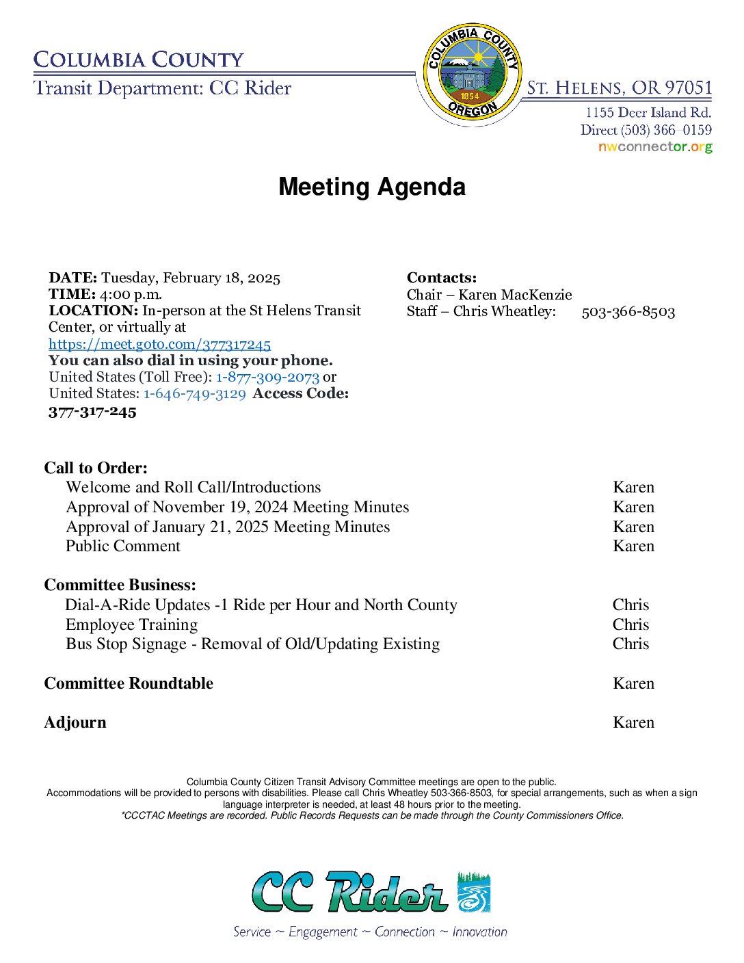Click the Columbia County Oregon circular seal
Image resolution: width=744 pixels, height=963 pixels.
coord(471,71)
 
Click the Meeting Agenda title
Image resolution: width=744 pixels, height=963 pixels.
coord(372,187)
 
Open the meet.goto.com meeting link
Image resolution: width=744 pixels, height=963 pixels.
coord(159,344)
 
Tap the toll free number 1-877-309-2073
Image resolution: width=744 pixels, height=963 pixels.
coord(267,377)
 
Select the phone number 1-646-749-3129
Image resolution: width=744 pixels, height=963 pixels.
coord(194,393)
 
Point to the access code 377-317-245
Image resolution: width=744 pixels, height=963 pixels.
coord(92,412)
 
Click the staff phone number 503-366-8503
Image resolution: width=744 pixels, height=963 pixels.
coord(628,312)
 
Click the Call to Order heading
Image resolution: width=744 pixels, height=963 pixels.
coord(96,468)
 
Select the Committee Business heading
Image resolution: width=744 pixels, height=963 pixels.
coord(120,585)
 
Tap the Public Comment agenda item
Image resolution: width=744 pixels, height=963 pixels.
coord(123,546)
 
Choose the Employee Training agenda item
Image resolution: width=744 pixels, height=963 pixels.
coord(131,624)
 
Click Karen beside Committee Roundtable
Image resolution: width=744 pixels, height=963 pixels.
coord(633,683)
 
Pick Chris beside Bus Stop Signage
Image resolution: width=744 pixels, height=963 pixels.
coord(630,644)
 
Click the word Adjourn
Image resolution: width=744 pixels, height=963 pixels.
coord(75,722)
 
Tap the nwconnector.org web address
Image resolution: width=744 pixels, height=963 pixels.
coord(654,147)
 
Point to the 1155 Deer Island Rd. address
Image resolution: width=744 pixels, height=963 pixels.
coord(648,113)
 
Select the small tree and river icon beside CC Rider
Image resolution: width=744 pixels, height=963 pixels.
coord(474,892)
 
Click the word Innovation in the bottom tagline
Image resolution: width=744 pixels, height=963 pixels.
coord(479,932)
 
